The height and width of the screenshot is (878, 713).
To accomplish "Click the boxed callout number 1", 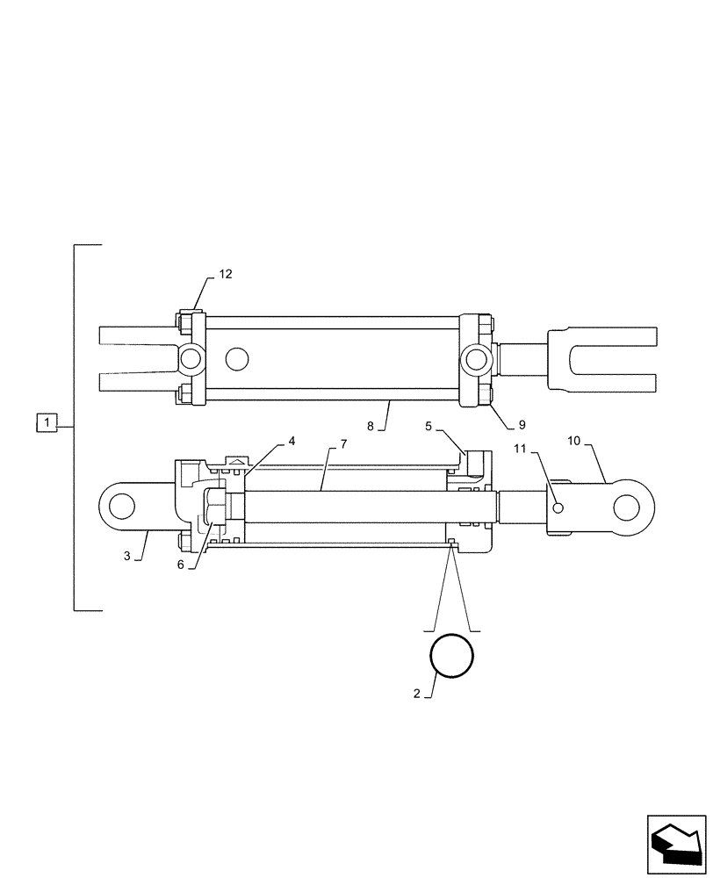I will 47,423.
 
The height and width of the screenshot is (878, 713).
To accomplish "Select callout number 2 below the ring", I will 417,694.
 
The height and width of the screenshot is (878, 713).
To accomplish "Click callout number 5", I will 429,427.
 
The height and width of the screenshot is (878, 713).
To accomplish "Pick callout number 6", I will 181,565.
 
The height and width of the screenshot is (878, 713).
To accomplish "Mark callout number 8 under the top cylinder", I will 371,426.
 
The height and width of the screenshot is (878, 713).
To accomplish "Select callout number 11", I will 520,450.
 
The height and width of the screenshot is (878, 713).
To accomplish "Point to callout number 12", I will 226,275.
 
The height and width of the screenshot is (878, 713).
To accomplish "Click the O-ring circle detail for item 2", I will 451,655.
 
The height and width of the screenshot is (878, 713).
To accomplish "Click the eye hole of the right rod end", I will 629,507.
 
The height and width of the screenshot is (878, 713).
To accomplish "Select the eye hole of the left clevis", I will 121,507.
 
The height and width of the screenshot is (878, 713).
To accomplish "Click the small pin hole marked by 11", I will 557,506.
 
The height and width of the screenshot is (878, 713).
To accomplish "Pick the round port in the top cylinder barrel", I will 236,358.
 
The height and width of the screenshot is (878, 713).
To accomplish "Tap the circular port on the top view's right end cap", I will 475,358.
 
